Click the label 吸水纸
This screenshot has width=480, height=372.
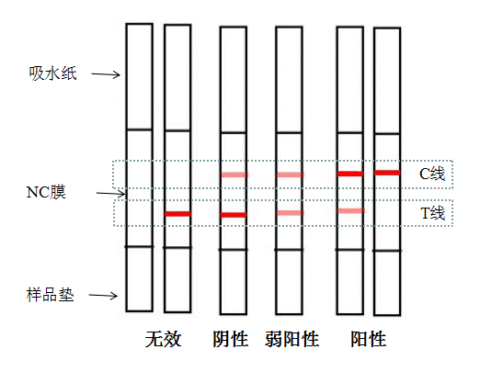pyautogui.click(x=52, y=73)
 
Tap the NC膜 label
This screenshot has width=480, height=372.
pyautogui.click(x=46, y=192)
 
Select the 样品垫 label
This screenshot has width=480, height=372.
pyautogui.click(x=51, y=295)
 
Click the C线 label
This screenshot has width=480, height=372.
pyautogui.click(x=432, y=174)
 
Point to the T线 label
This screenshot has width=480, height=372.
pyautogui.click(x=433, y=213)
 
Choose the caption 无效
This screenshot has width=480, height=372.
pyautogui.click(x=164, y=339)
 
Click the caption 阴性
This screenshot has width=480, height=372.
pyautogui.click(x=231, y=339)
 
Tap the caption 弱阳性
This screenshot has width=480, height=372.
pyautogui.click(x=292, y=339)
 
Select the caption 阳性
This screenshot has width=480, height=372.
pyautogui.click(x=369, y=339)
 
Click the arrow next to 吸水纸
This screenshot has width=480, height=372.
pyautogui.click(x=106, y=74)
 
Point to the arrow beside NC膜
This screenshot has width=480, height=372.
pyautogui.click(x=111, y=194)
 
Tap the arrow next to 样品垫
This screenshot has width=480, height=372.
pyautogui.click(x=103, y=296)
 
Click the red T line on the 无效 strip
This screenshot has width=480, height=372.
pyautogui.click(x=177, y=214)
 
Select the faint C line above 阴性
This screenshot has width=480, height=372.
pyautogui.click(x=234, y=175)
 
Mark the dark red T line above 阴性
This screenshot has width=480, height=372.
pyautogui.click(x=234, y=215)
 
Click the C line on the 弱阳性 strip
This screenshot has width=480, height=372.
pyautogui.click(x=290, y=175)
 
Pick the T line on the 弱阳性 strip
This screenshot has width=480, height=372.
pyautogui.click(x=290, y=213)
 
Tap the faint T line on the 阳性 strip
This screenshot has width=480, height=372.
pyautogui.click(x=351, y=210)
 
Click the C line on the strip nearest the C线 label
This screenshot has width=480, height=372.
pyautogui.click(x=387, y=173)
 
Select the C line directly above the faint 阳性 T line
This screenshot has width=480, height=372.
pyautogui.click(x=350, y=174)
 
